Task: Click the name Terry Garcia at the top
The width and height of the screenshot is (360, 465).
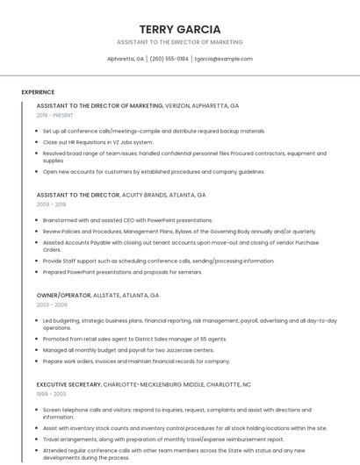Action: pyautogui.click(x=180, y=29)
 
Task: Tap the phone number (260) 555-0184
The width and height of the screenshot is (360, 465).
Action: pyautogui.click(x=169, y=59)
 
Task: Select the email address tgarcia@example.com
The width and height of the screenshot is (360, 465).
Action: pyautogui.click(x=223, y=59)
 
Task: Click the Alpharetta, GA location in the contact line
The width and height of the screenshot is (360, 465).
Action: pyautogui.click(x=126, y=59)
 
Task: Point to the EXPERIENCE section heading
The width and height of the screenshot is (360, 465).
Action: pyautogui.click(x=38, y=92)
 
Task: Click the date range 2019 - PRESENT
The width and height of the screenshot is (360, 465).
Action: pyautogui.click(x=55, y=115)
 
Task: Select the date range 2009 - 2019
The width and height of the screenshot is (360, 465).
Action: pyautogui.click(x=51, y=204)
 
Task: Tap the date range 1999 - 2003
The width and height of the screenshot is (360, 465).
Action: pyautogui.click(x=51, y=394)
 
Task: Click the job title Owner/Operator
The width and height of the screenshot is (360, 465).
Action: pyautogui.click(x=66, y=296)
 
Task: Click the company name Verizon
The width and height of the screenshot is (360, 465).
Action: pyautogui.click(x=176, y=105)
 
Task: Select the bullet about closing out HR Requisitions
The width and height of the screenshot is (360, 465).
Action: pyautogui.click(x=97, y=141)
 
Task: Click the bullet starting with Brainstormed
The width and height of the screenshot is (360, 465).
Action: pyautogui.click(x=127, y=220)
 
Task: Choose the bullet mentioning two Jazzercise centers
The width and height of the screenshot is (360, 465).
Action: pyautogui.click(x=128, y=350)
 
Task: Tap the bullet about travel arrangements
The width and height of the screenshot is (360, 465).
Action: pyautogui.click(x=163, y=439)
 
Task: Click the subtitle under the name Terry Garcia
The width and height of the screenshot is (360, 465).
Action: pyautogui.click(x=180, y=42)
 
